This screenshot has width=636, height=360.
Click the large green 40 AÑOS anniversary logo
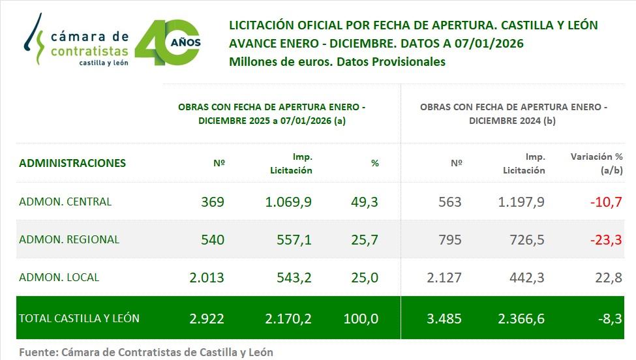click(x=168, y=42)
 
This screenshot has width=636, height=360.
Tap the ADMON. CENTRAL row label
click(x=65, y=202)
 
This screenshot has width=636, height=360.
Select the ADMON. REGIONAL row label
click(x=69, y=239)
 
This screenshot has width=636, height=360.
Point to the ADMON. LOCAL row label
click(x=59, y=277)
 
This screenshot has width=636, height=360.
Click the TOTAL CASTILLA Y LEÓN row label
click(x=80, y=319)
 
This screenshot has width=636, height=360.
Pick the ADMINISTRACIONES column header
click(x=72, y=163)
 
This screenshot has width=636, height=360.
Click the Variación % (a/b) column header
click(x=596, y=163)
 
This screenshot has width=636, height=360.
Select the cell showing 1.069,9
click(x=288, y=202)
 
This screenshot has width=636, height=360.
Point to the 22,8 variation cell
click(x=607, y=277)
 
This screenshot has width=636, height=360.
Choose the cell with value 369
click(x=213, y=202)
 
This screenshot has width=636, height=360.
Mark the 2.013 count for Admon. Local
click(x=207, y=277)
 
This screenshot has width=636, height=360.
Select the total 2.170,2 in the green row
click(x=288, y=319)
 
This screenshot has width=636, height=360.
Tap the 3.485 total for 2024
click(x=444, y=319)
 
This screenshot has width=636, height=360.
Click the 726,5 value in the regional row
click(x=527, y=239)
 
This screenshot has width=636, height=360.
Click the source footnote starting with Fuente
click(x=146, y=352)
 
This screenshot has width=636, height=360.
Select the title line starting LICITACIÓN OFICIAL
click(x=414, y=25)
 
